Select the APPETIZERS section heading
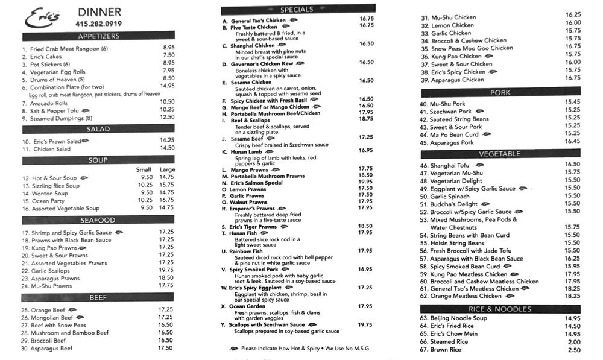(x=98, y=36)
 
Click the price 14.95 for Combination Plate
(x=168, y=86)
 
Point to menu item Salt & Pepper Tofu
(x=51, y=110)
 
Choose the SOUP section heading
(x=98, y=160)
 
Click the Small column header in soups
(x=144, y=169)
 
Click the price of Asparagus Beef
(x=165, y=348)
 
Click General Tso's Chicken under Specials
(x=258, y=20)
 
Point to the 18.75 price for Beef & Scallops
(x=365, y=119)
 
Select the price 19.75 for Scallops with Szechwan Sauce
(x=365, y=324)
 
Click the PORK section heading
(x=500, y=92)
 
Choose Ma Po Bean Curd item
(x=454, y=135)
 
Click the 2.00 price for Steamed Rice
(x=574, y=342)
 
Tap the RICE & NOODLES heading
(x=500, y=309)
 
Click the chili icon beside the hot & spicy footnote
(x=234, y=348)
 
